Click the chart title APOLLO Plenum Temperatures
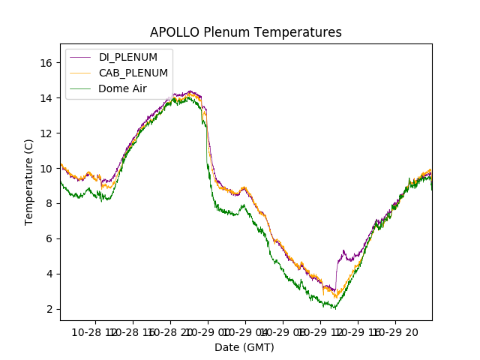[245, 32]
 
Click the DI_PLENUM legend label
[128, 57]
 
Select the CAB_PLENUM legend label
[133, 73]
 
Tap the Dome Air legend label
[122, 88]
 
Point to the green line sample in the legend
[80, 88]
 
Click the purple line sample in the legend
[80, 57]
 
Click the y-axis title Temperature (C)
[28, 181]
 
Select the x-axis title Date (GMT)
[244, 347]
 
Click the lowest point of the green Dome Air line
[334, 308]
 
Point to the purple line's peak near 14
[190, 91]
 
